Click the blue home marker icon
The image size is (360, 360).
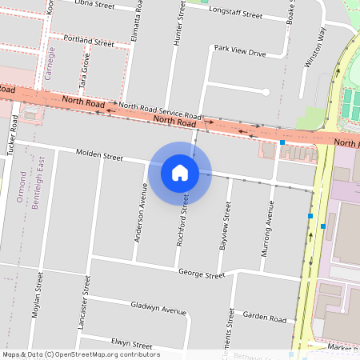pyautogui.click(x=180, y=172)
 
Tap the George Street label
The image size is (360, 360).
pyautogui.click(x=202, y=274)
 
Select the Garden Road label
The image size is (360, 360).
pyautogui.click(x=264, y=318)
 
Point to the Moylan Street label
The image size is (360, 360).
pyautogui.click(x=38, y=295)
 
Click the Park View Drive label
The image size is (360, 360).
pyautogui.click(x=239, y=52)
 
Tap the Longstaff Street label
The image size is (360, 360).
pyautogui.click(x=235, y=14)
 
